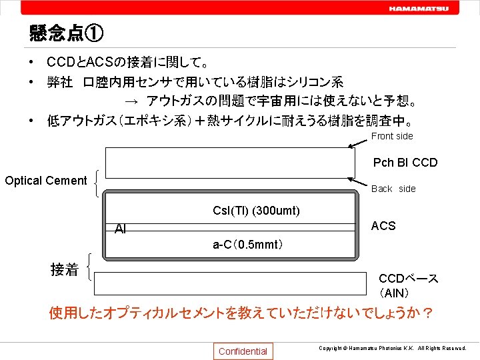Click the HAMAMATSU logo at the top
coord(419,9)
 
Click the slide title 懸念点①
coord(66,33)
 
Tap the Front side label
coord(392,136)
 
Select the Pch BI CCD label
coord(405,163)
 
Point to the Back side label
coord(393,189)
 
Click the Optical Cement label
coord(46,181)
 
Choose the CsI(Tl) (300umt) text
coord(256,211)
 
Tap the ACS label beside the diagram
coord(383,226)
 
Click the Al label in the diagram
coord(120,229)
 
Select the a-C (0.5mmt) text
coord(248,245)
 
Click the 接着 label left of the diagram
coord(64,270)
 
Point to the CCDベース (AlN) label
coord(408,285)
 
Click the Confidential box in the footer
coord(243,351)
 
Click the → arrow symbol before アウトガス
coord(131,101)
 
